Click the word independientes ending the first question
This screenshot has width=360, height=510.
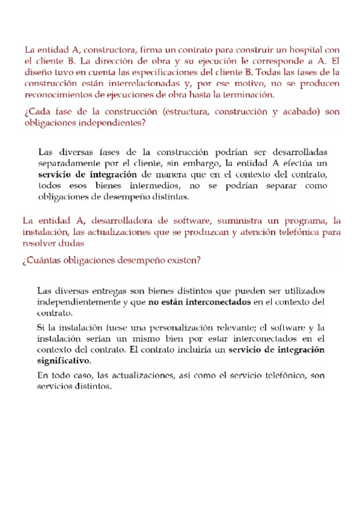109,123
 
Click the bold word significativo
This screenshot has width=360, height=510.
64,361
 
